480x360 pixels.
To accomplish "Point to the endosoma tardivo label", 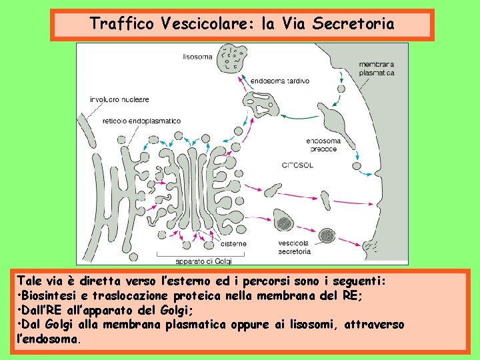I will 279,81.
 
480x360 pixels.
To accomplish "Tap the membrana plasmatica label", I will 377,69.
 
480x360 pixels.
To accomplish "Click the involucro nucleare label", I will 119,99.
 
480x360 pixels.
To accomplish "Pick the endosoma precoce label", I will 323,145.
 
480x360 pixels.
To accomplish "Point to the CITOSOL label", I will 299,164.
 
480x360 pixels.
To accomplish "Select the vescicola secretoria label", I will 295,247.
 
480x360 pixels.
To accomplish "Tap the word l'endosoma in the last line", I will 48,339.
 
